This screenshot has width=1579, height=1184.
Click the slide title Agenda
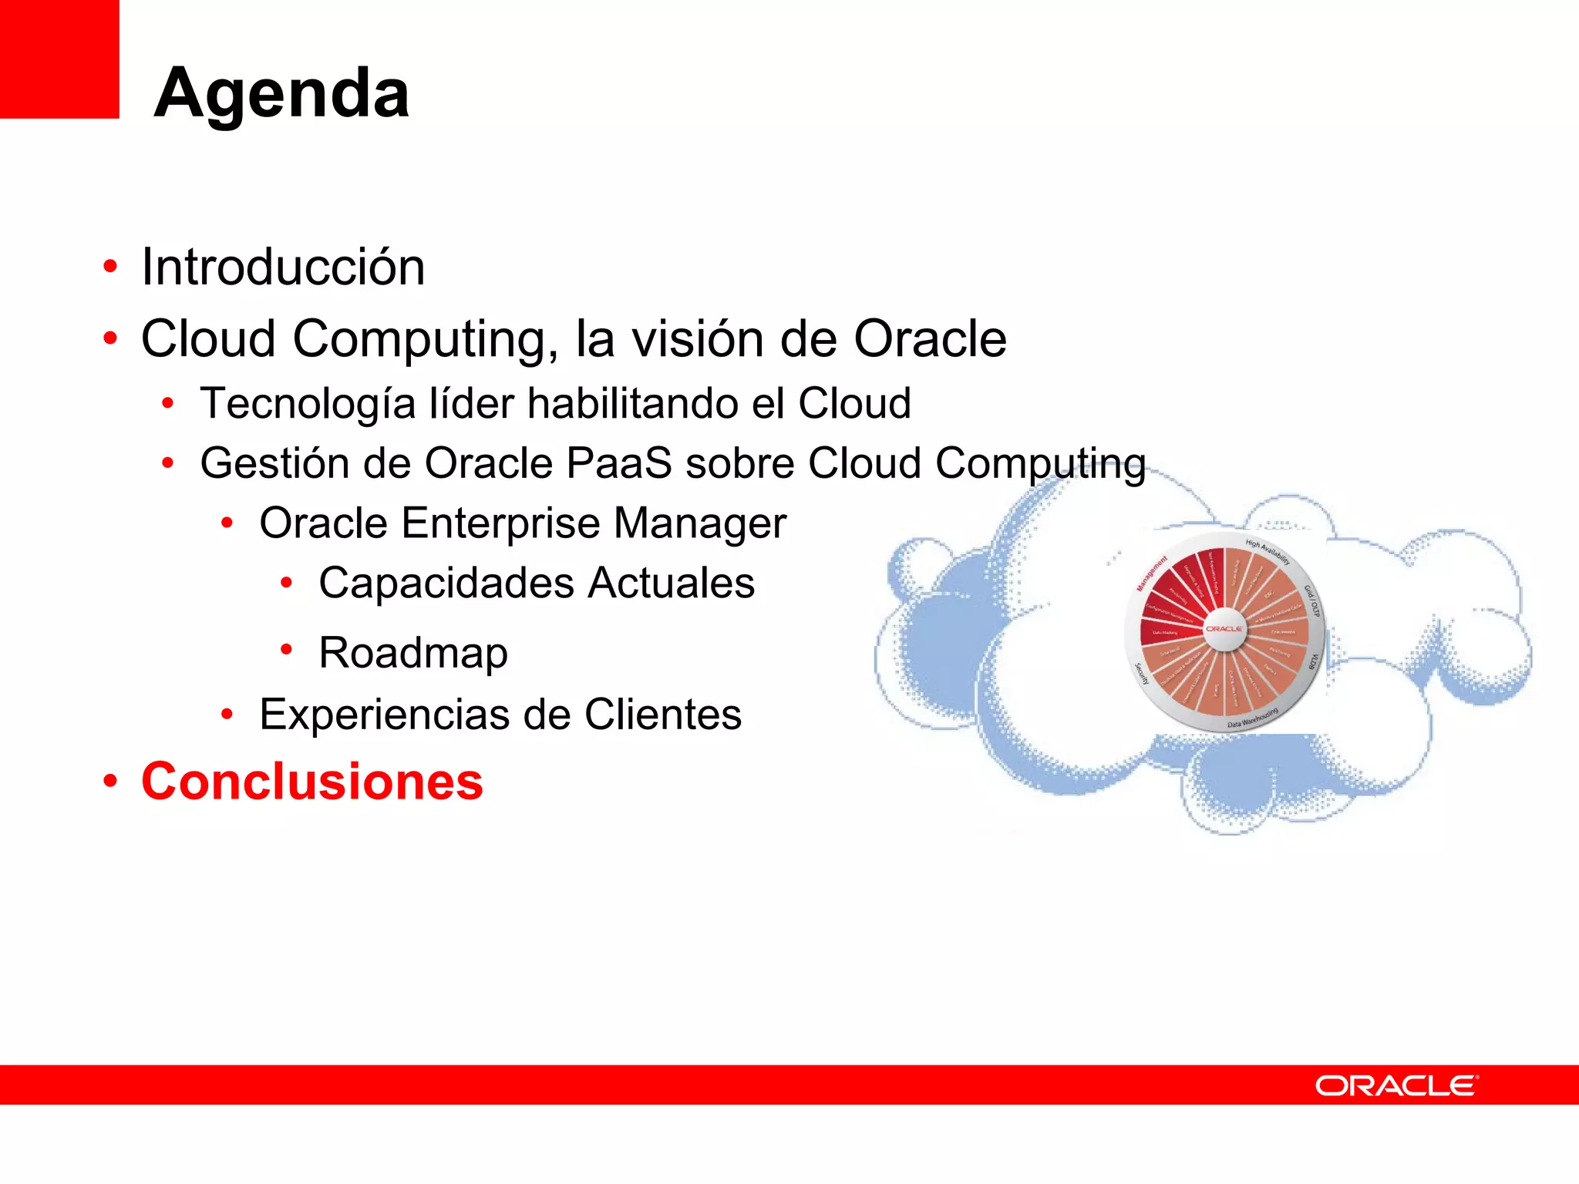coord(281,93)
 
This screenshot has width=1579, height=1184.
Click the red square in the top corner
coord(59,59)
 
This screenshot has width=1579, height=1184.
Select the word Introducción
coord(283,267)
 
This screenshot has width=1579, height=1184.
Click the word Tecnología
coord(308,404)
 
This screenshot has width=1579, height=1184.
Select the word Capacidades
coord(446,583)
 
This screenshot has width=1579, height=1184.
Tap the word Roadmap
coord(413,653)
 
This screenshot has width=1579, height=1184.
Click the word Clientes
coord(662,715)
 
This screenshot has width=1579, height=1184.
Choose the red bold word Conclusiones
coord(312,782)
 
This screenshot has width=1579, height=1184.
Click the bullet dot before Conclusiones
coord(111,781)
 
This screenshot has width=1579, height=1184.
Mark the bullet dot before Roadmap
coord(286,651)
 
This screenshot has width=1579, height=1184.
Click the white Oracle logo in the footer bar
coord(1396,1085)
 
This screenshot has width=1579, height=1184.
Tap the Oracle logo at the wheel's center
coord(1224,629)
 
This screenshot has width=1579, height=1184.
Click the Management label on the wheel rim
coord(1152,573)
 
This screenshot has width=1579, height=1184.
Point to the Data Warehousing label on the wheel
coord(1253,718)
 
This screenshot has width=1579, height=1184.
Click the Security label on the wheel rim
coord(1142,673)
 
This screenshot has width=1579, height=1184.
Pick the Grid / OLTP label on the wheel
coord(1311,601)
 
